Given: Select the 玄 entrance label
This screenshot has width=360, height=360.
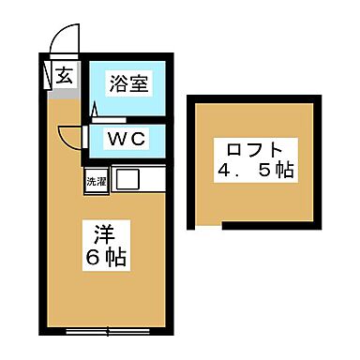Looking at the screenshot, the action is (x=67, y=76).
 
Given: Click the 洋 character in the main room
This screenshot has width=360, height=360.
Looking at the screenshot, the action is (x=103, y=231).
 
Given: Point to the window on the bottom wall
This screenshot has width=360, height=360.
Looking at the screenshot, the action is (x=109, y=329).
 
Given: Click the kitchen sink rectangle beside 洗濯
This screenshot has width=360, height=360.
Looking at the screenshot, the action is (x=127, y=179).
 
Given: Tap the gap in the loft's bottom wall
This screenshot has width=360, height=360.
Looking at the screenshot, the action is (x=208, y=226).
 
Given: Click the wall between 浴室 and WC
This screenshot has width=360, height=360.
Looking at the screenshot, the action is (x=128, y=120).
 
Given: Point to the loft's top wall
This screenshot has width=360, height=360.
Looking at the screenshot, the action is (x=253, y=97).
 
